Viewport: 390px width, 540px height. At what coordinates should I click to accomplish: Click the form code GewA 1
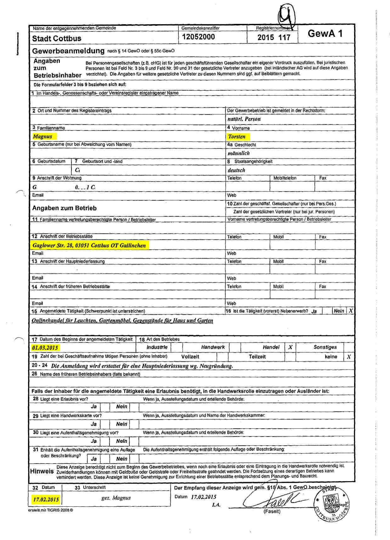[325, 34]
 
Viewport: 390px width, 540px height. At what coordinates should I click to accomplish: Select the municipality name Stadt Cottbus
[57, 39]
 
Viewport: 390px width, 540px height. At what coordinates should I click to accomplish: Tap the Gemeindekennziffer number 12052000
[198, 37]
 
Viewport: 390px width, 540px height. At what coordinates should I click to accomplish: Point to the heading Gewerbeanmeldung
[68, 51]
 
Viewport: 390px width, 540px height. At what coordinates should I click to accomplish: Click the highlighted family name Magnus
[42, 136]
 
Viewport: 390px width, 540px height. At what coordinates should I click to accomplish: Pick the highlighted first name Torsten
[237, 137]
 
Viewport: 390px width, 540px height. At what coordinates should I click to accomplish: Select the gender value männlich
[239, 153]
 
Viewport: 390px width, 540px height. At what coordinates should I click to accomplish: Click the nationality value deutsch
[236, 170]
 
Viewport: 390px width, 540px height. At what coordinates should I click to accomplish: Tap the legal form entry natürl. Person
[244, 119]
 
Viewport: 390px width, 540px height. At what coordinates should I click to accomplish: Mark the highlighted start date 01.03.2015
[45, 348]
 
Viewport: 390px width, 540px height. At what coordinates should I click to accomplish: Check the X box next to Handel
[290, 347]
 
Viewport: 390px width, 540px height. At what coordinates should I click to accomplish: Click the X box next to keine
[349, 357]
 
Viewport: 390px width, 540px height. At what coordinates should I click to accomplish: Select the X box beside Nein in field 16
[351, 311]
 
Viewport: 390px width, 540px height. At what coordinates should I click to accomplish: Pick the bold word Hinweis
[42, 471]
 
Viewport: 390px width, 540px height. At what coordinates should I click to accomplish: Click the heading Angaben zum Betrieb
[64, 208]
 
